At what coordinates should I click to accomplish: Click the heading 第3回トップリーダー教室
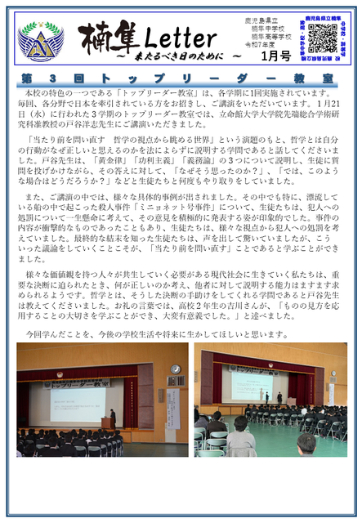[181, 79]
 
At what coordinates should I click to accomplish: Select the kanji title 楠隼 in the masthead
[107, 36]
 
